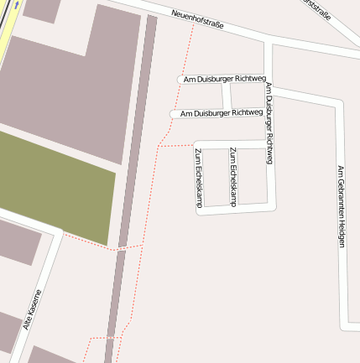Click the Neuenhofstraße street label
(196, 18)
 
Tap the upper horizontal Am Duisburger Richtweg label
(224, 78)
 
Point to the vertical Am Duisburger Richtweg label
(269, 122)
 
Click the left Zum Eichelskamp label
(198, 177)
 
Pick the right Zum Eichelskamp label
(232, 177)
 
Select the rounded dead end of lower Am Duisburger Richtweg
(174, 113)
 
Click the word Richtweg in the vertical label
(269, 146)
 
